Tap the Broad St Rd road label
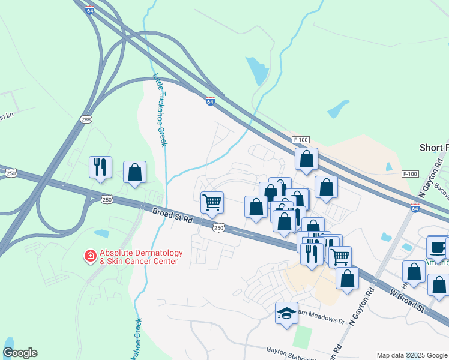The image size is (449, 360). (x=172, y=215)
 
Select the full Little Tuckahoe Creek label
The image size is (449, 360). (x=160, y=110)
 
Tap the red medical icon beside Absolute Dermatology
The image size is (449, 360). (x=91, y=257)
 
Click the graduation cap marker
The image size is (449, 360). (x=286, y=313)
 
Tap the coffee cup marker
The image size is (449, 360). (x=437, y=247)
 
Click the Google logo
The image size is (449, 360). (x=20, y=353)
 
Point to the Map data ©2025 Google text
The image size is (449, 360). (x=412, y=355)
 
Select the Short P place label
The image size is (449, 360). (x=433, y=148)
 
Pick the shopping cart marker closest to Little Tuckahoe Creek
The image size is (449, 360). (x=212, y=202)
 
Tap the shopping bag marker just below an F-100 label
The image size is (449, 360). (x=306, y=159)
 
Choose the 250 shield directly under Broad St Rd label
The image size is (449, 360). (x=219, y=227)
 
